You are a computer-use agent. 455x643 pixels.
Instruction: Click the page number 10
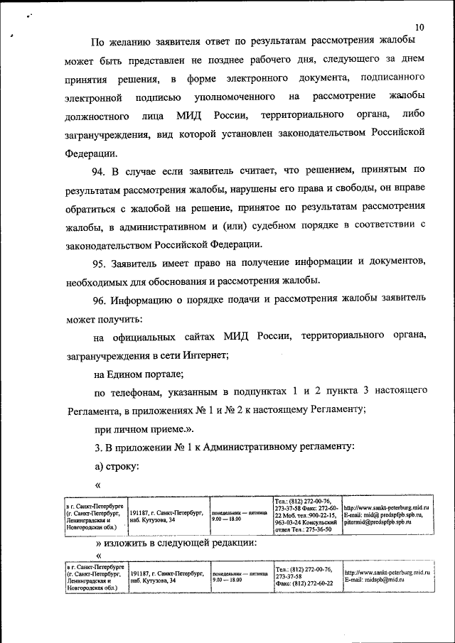(419, 27)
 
